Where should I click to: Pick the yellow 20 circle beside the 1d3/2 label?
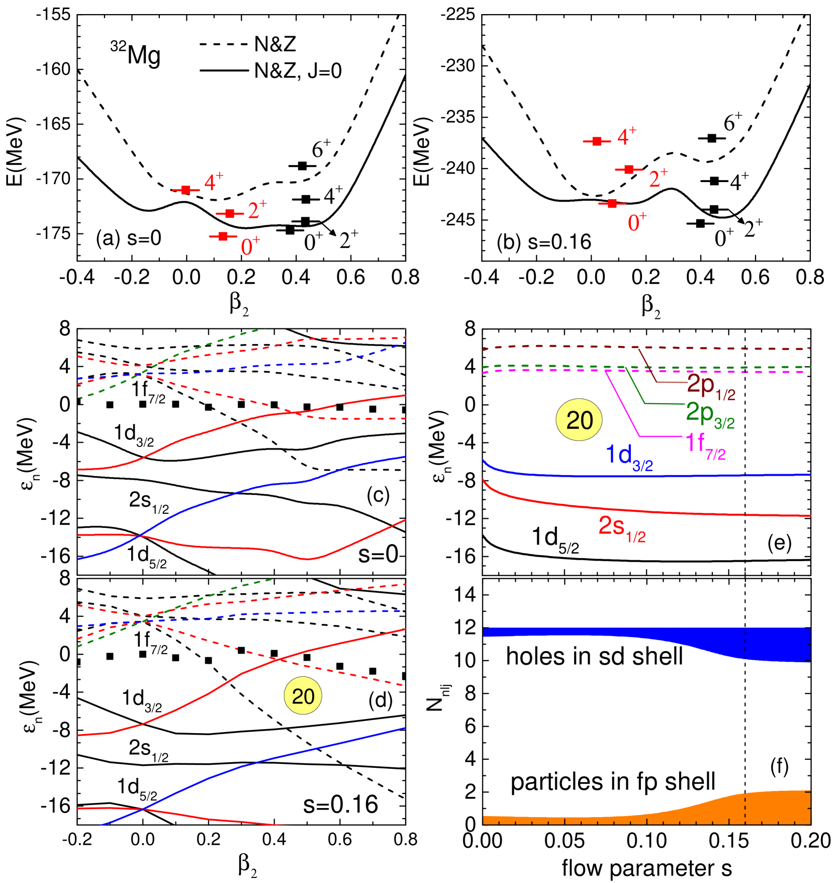click(x=579, y=420)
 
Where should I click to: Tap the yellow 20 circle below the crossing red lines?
click(x=303, y=696)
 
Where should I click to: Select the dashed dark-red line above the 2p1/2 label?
click(x=704, y=348)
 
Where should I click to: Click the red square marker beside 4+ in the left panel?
click(x=186, y=190)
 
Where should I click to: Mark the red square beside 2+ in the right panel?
click(x=628, y=170)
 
